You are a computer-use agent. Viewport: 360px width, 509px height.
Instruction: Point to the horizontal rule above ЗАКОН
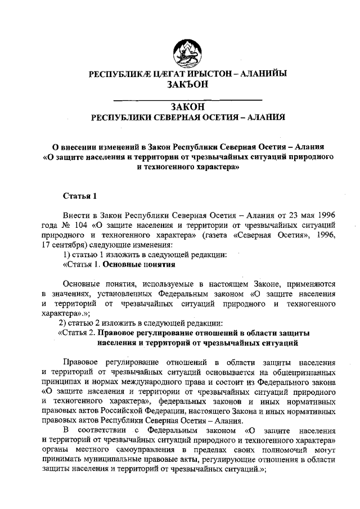pos(180,100)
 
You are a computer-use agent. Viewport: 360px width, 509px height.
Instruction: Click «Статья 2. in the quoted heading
pos(76,332)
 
